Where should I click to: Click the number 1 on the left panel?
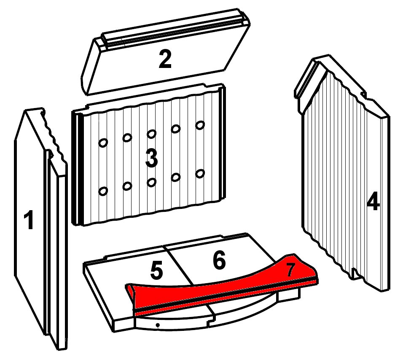point(29,219)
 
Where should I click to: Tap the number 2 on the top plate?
point(165,59)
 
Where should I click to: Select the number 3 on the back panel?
point(152,159)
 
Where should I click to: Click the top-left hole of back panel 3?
point(103,143)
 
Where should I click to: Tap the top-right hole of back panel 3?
point(200,125)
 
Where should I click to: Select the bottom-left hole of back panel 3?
point(103,191)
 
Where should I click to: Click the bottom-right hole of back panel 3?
point(200,173)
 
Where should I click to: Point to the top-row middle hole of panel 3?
point(152,134)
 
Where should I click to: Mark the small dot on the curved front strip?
point(158,325)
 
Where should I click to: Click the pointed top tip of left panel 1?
point(25,110)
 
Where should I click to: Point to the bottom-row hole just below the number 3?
point(152,182)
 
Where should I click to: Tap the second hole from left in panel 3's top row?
point(127,138)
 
